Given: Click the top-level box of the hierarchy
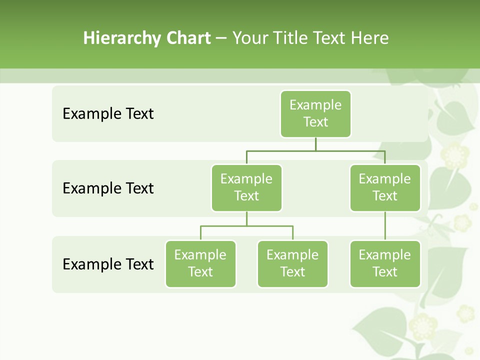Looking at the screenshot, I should point(315,114).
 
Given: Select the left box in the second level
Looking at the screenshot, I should point(246,188).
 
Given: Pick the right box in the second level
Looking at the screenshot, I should point(385,188).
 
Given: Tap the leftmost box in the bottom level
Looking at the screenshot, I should point(200,264).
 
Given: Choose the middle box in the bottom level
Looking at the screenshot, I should point(292,264).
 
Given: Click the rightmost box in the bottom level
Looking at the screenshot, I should point(385,264).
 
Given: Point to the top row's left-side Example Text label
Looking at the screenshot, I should point(108,114).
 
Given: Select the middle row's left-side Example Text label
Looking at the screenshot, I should point(108,188).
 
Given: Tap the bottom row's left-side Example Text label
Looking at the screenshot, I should point(108,264).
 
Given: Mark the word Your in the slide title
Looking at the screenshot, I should point(248,38).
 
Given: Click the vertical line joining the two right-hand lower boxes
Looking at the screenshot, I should point(385,226).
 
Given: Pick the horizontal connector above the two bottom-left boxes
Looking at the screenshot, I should point(246,226).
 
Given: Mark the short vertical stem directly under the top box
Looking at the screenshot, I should point(315,144).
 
